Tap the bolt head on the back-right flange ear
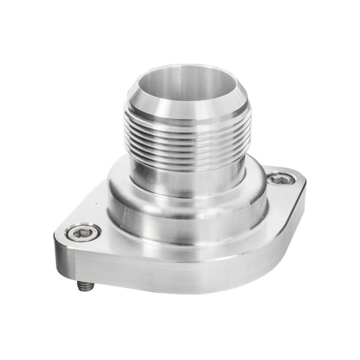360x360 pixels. (x=281, y=179)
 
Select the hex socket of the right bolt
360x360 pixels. (x=281, y=179)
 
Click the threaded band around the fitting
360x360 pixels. (x=188, y=139)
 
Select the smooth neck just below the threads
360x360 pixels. (x=188, y=177)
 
